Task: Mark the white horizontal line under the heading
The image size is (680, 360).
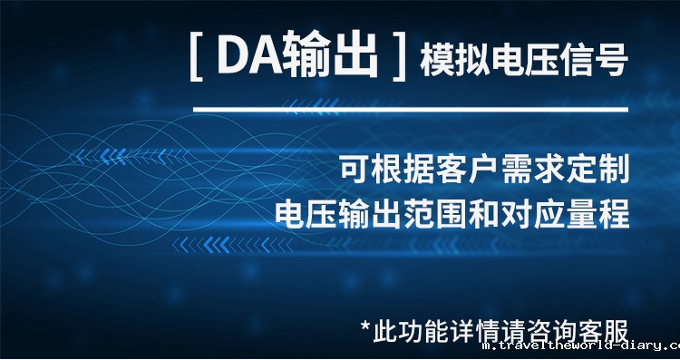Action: [410, 111]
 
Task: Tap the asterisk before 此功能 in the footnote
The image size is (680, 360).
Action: [365, 325]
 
